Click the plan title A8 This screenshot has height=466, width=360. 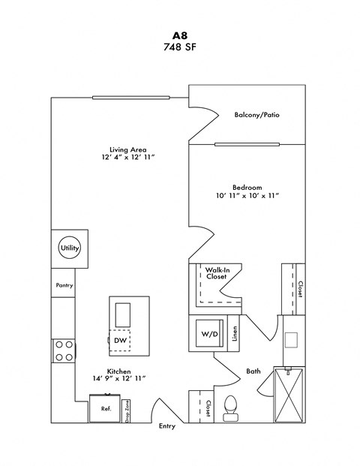[x=179, y=34]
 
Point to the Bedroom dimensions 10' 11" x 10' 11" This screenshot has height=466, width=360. [x=247, y=196]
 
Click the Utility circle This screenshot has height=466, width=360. [x=69, y=248]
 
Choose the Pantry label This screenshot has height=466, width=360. [x=64, y=286]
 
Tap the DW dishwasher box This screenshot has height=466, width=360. [x=120, y=341]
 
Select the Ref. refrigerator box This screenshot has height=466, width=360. [x=106, y=409]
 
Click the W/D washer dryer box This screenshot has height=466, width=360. [x=208, y=333]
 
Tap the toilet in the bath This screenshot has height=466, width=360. [x=231, y=406]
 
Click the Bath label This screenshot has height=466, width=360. [x=253, y=371]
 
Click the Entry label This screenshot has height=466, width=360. [x=166, y=426]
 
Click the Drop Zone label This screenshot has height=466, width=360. [x=128, y=410]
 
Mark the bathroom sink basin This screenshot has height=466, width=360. [x=292, y=340]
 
